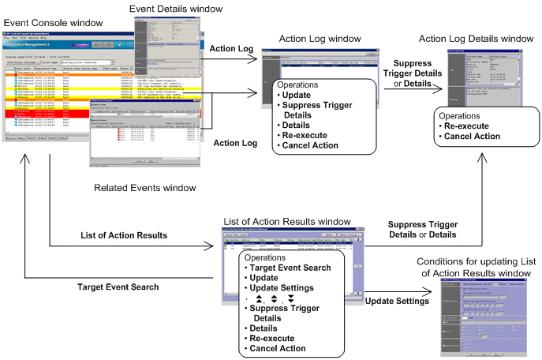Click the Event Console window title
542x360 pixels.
54,22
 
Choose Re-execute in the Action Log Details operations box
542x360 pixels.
472,126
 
